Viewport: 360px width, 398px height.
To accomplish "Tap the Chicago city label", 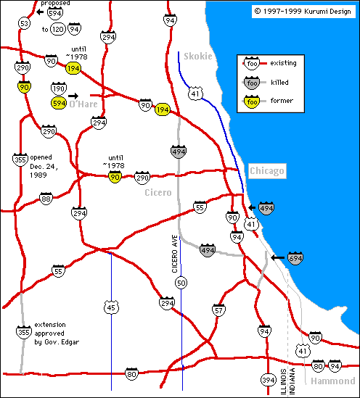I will [267, 170].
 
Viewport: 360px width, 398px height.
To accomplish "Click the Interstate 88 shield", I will [46, 199].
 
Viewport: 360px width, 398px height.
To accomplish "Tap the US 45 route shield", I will [110, 307].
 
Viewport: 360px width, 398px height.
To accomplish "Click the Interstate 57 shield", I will [218, 310].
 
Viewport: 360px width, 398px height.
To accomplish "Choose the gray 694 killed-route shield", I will [295, 257].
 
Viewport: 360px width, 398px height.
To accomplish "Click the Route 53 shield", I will [25, 24].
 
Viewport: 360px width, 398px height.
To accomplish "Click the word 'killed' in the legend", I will [279, 83].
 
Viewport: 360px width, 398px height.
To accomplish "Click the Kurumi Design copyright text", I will [301, 11].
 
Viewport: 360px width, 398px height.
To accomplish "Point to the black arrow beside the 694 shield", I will [277, 257].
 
